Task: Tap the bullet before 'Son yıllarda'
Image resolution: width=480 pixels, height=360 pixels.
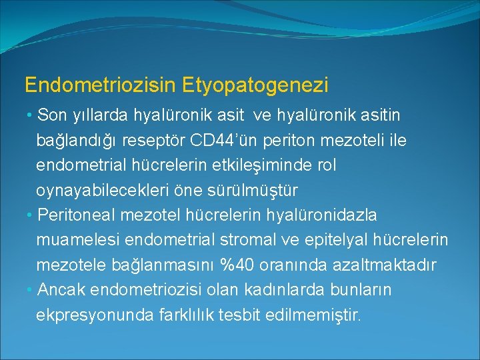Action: point(31,116)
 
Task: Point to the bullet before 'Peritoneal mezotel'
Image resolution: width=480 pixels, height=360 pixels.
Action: point(31,215)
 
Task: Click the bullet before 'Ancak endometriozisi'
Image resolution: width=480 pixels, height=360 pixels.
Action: point(31,290)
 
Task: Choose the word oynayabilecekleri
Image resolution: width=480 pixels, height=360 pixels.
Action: point(99,191)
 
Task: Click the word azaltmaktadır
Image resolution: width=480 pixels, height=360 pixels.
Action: point(389,265)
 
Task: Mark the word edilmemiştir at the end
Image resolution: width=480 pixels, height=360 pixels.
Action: point(316,315)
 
